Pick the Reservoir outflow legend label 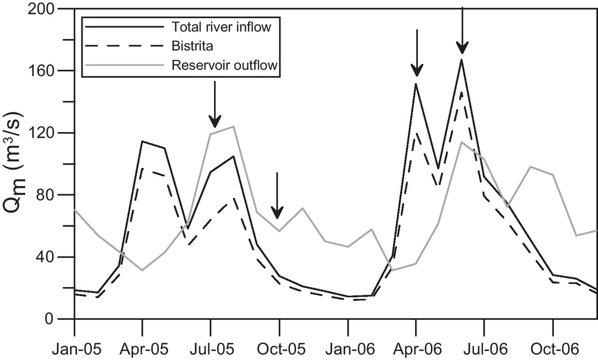pyautogui.click(x=225, y=65)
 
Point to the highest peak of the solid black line pyautogui.click(x=462, y=59)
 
